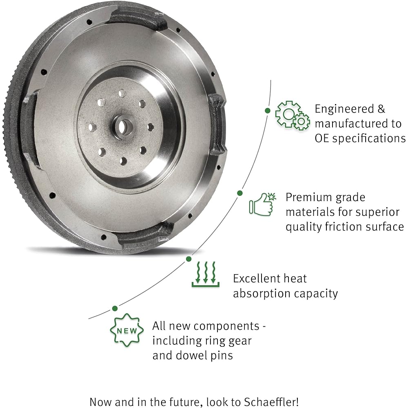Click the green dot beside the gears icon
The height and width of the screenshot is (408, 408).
point(267,111)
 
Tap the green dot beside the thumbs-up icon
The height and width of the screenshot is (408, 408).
point(240,193)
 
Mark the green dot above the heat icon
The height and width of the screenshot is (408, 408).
point(188,259)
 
